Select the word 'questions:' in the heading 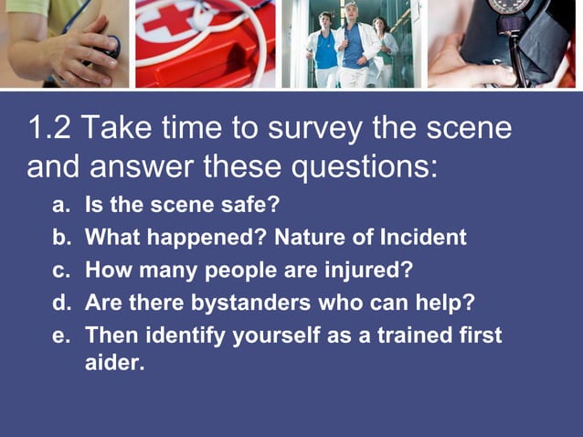coord(366,167)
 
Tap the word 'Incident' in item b coord(422,238)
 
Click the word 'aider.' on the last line coord(114,363)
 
